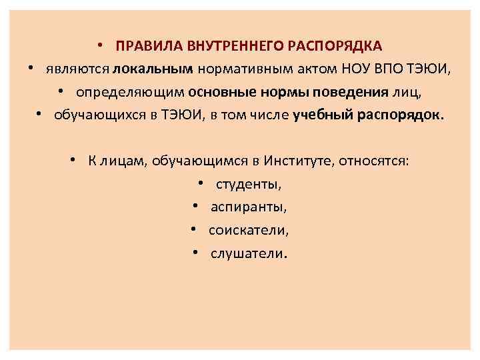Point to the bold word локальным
tap(153, 68)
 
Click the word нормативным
tap(237, 68)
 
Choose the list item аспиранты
tap(249, 207)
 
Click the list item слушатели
tap(249, 253)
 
